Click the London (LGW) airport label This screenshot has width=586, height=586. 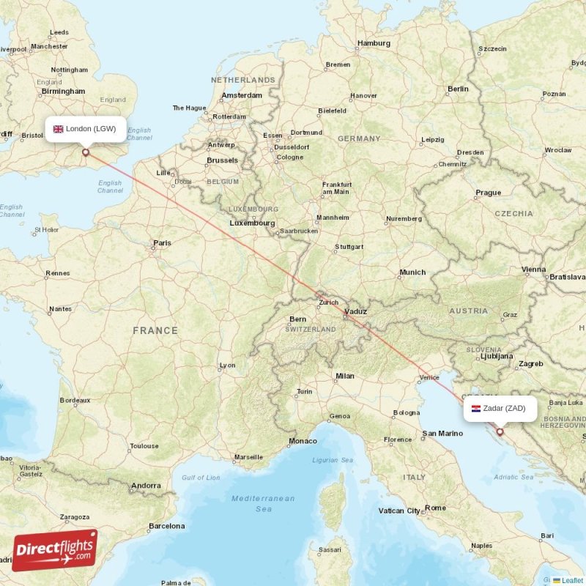pos(84,129)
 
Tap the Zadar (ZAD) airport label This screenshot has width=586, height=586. pos(500,409)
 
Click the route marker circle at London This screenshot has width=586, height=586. pos(86,152)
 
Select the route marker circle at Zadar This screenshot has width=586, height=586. pos(500,432)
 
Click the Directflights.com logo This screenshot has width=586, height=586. pos(54,550)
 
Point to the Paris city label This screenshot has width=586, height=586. pos(162,243)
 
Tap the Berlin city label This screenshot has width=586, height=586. pos(458,89)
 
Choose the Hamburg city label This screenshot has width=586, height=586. pos(373,43)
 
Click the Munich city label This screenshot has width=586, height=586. pos(412,272)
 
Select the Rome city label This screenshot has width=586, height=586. pos(435,508)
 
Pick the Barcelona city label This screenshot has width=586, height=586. pos(166,525)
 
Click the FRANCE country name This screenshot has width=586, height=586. pos(155,330)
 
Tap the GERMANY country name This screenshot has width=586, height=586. pos(359,138)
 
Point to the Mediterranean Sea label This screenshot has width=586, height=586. pos(262,503)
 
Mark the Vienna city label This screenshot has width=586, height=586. pos(533,270)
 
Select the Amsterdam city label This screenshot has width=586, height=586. pos(242,95)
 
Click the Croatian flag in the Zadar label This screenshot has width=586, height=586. pos(475,409)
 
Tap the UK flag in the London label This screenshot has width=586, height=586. pos(59,129)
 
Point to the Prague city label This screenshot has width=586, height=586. pos(488,193)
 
